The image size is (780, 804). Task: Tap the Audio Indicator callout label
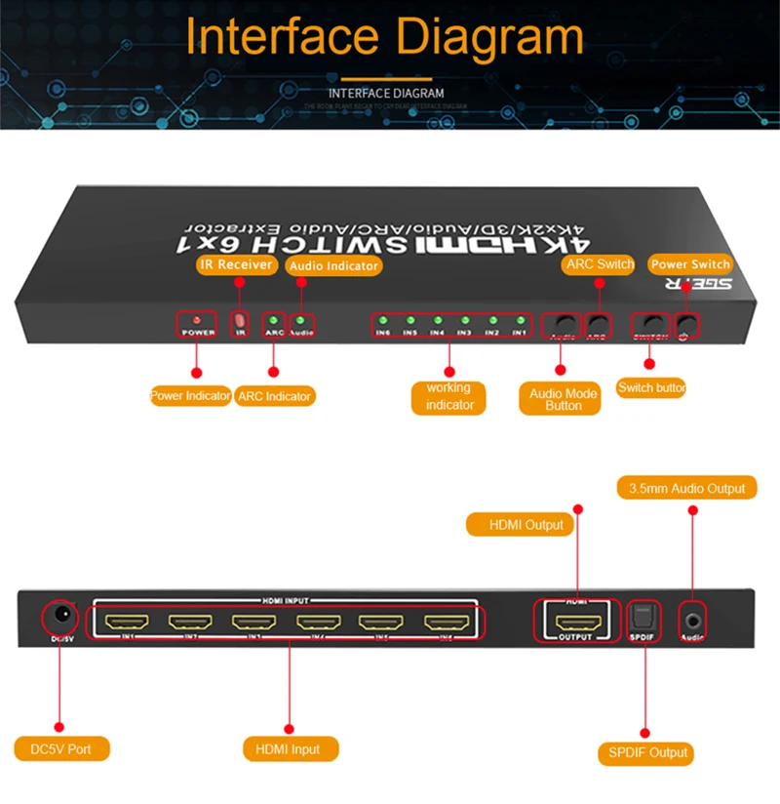point(333,265)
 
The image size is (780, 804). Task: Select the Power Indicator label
point(190,396)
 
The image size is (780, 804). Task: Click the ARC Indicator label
point(275,396)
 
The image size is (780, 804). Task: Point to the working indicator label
point(449,396)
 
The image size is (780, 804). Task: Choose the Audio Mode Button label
point(563,399)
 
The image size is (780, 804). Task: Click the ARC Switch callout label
point(598,263)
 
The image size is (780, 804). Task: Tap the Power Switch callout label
point(690,263)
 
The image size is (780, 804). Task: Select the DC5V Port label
point(61,749)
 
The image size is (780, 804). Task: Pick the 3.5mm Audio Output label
point(687,488)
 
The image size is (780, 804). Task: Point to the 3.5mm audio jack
point(693,618)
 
